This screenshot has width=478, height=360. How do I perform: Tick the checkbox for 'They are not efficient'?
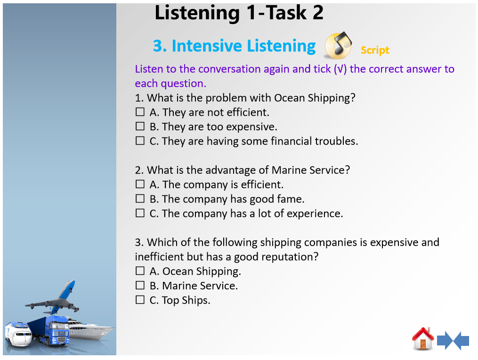coord(140,112)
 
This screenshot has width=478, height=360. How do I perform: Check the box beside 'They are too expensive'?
coord(140,127)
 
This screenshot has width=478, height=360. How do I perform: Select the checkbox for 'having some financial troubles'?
coord(140,141)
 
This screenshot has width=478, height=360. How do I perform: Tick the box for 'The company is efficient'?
coord(140,184)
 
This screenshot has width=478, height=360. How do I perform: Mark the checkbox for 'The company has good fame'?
coord(140,199)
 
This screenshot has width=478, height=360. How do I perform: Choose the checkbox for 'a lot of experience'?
coord(140,213)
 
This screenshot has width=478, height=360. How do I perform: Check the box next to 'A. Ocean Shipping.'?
coord(140,271)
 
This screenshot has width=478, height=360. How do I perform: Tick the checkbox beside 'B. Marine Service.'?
coord(140,285)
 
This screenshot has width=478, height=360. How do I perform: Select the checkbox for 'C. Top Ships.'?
coord(140,300)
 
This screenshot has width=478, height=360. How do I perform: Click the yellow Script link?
coord(375,50)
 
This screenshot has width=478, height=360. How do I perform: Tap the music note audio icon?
coord(338,45)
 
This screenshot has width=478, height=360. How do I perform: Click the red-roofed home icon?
coord(423,338)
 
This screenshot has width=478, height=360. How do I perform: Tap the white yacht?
coord(91,330)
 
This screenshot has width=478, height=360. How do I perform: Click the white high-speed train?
coord(18,334)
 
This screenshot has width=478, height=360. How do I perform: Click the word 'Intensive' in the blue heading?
coord(207,46)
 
